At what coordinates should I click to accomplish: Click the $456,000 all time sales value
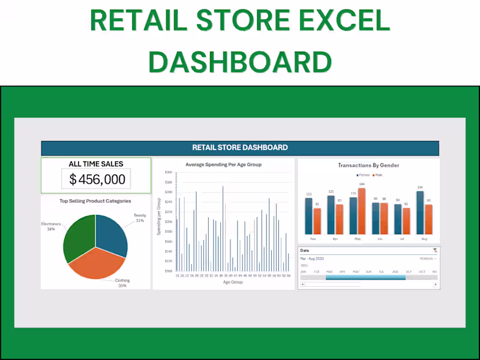click(97, 179)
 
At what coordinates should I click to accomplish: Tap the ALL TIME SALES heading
click(96, 164)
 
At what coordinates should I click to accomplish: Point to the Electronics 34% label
click(51, 226)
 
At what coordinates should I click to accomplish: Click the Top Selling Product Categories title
click(95, 201)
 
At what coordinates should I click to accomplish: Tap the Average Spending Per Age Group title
click(223, 164)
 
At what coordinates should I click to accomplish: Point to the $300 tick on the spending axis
click(169, 172)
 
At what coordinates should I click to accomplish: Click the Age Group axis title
click(233, 281)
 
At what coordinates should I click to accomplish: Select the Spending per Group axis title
click(159, 215)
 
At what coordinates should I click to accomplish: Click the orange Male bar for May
click(362, 211)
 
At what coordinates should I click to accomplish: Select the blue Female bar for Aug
click(420, 212)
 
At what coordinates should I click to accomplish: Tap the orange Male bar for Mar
click(317, 221)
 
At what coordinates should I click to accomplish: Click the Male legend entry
click(377, 175)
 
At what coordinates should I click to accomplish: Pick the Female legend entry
click(362, 175)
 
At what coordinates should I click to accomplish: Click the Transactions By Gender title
click(368, 166)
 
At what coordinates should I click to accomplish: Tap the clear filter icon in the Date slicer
click(435, 250)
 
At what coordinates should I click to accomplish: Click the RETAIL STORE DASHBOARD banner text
click(240, 148)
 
